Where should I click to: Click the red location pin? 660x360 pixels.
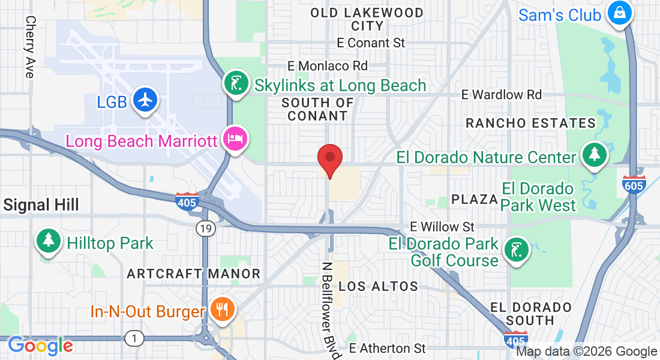pos(329,159)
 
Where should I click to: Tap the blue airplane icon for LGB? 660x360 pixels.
pos(145,100)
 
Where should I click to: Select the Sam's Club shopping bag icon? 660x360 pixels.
pos(619,13)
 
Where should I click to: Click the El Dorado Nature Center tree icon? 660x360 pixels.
pos(595,154)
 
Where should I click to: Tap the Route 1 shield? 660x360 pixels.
pos(134,339)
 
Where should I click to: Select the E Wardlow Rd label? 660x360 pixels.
pos(501,95)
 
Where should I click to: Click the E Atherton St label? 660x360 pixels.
pos(388,348)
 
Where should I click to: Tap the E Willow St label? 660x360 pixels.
pos(442,227)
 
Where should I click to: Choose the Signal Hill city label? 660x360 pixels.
pos(41,205)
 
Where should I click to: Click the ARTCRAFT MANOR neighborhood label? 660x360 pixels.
pos(194,274)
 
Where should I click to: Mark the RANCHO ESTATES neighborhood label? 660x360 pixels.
pos(531,124)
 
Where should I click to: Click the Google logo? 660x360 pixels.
pos(40,346)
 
